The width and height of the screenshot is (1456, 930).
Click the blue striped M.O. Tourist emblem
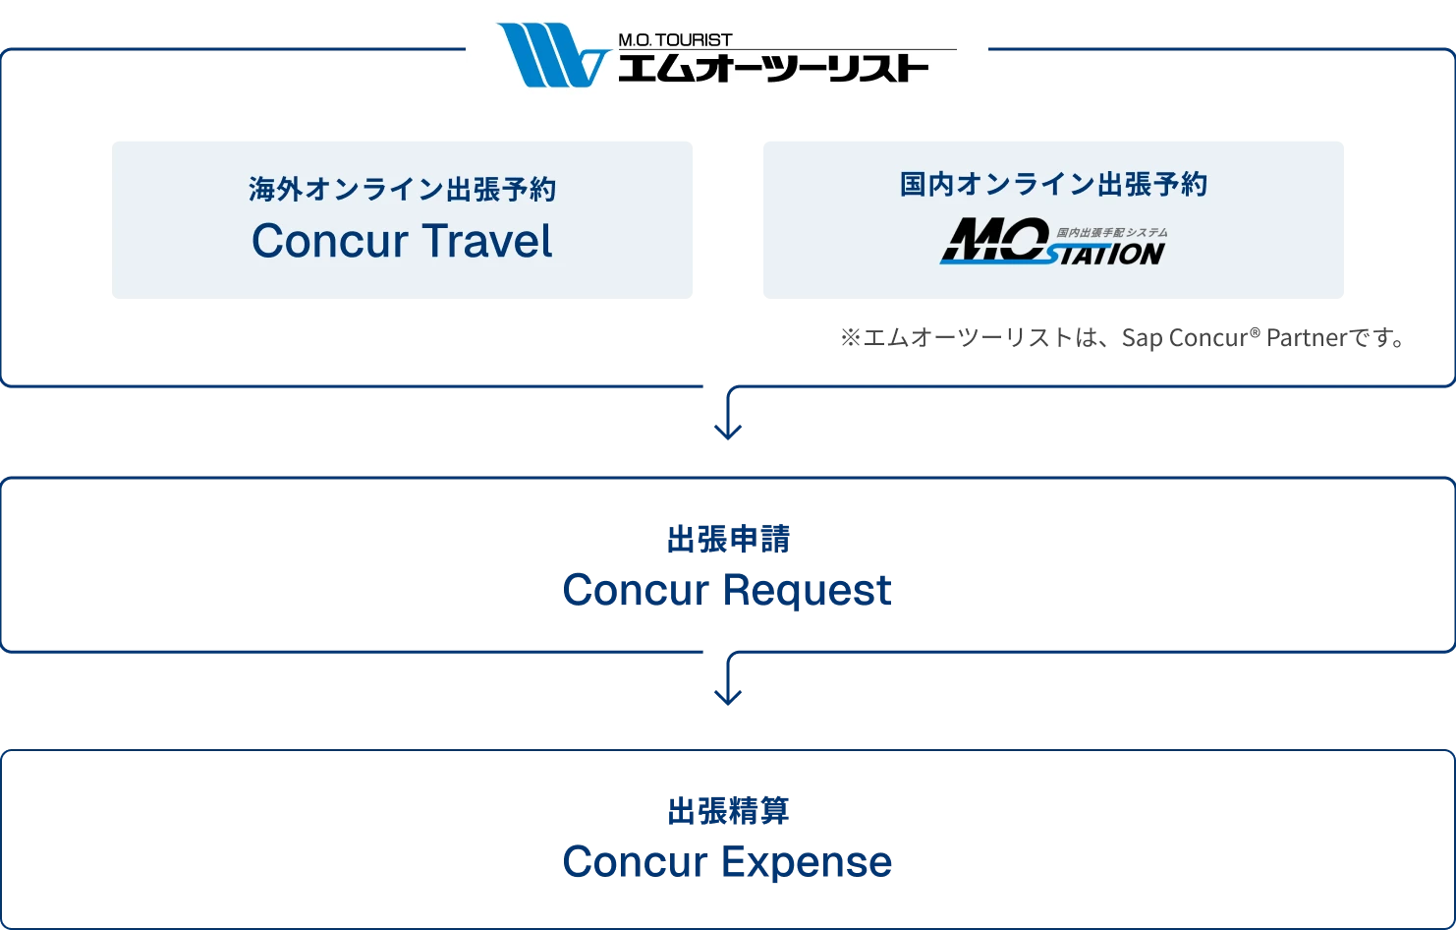click(x=550, y=56)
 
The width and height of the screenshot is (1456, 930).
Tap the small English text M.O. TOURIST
click(x=675, y=40)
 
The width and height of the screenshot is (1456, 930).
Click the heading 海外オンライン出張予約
click(x=403, y=189)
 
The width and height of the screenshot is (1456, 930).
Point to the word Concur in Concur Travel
click(x=329, y=242)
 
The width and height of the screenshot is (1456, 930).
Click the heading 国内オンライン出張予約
click(x=1053, y=184)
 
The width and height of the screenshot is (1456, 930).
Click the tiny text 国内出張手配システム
click(x=1112, y=232)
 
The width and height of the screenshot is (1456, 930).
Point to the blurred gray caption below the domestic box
click(x=1123, y=339)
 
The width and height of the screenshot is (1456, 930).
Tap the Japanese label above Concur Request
click(x=728, y=540)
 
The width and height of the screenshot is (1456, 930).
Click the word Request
click(x=808, y=590)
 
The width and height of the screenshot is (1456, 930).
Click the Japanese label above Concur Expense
click(x=728, y=811)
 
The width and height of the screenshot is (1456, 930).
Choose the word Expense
click(x=808, y=862)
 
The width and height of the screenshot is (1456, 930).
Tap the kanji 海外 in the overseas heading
click(x=276, y=189)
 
